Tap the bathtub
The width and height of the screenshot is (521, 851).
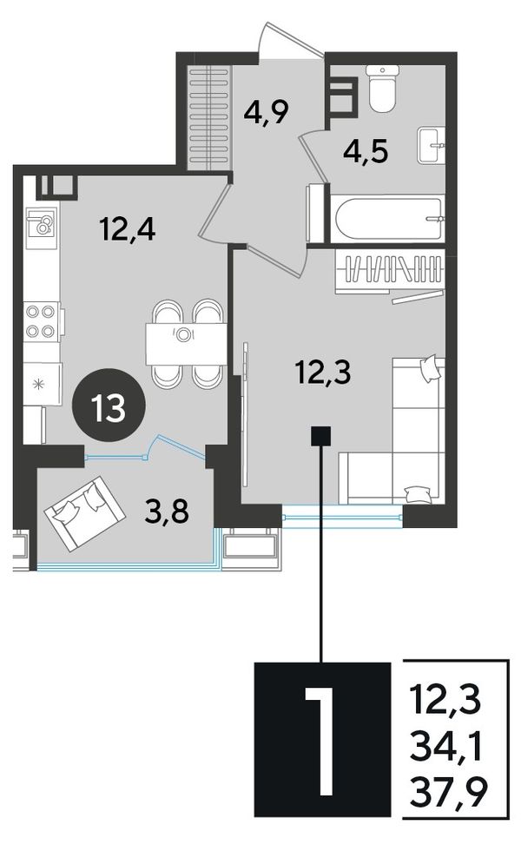pyautogui.click(x=389, y=221)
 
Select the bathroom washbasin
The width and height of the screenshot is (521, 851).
pyautogui.click(x=431, y=146)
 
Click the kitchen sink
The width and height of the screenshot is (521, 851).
pyautogui.click(x=42, y=223)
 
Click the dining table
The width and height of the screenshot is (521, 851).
pyautogui.click(x=186, y=344)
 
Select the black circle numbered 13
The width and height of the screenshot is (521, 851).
pyautogui.click(x=109, y=407)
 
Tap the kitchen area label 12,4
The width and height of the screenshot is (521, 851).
pyautogui.click(x=129, y=228)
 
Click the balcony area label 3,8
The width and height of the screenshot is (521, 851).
pyautogui.click(x=167, y=510)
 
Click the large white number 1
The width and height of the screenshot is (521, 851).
pyautogui.click(x=322, y=740)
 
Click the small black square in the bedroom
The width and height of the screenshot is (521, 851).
pyautogui.click(x=320, y=436)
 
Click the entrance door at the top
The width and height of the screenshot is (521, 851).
pyautogui.click(x=291, y=41)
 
